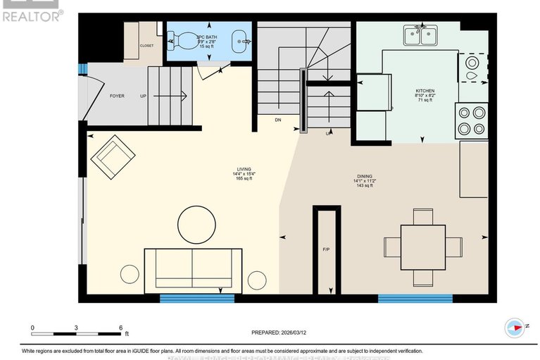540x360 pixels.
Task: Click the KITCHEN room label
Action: pos(425,91)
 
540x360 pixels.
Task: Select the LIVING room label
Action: pos(244,169)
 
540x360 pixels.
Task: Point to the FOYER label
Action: pos(117,96)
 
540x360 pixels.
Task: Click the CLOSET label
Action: pos(146,46)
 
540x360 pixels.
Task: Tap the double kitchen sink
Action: pos(420,35)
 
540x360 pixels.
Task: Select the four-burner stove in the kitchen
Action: pos(471,120)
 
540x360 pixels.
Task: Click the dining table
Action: pos(422,247)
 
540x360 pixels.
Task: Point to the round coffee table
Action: pos(201,225)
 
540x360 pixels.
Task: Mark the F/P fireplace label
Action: pos(326,250)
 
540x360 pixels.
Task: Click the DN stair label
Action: pos(279,120)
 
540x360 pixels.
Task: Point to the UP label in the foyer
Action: pos(144,96)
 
